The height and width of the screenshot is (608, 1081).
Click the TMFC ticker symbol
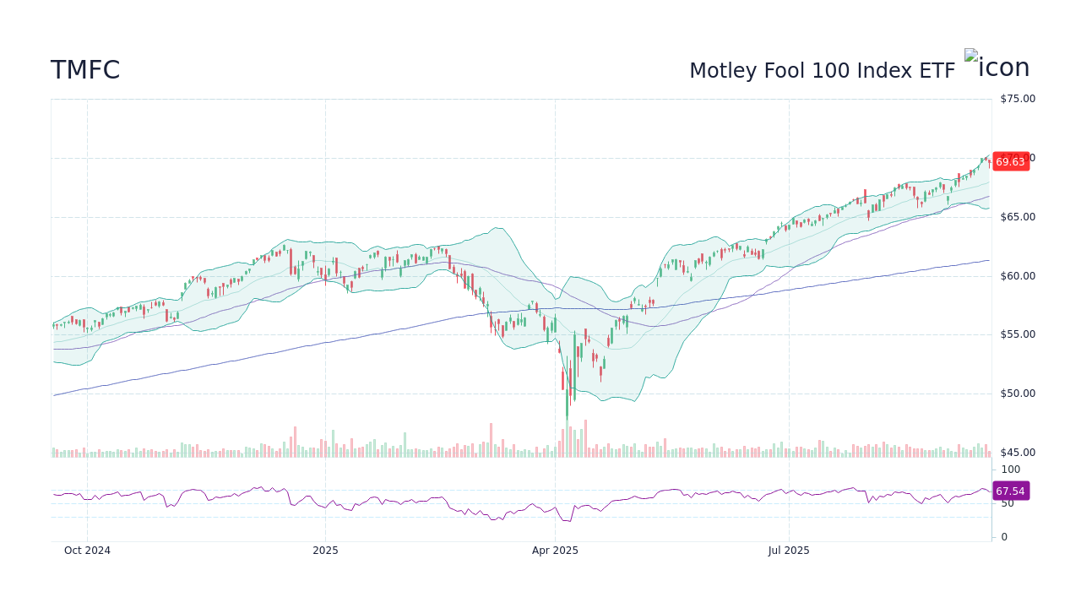pyautogui.click(x=85, y=71)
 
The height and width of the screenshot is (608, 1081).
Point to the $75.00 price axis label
pyautogui.click(x=1017, y=99)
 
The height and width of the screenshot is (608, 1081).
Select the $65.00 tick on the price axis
pyautogui.click(x=1017, y=217)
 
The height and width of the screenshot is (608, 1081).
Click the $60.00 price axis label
pyautogui.click(x=1017, y=276)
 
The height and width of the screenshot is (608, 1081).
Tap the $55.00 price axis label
pyautogui.click(x=1017, y=334)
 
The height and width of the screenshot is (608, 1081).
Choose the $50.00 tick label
pyautogui.click(x=1017, y=394)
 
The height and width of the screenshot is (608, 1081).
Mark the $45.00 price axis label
pyautogui.click(x=1017, y=453)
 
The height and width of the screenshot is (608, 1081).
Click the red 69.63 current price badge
pyautogui.click(x=1010, y=162)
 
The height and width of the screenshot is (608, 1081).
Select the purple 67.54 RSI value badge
pyautogui.click(x=1010, y=491)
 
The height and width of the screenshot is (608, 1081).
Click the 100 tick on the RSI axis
pyautogui.click(x=1010, y=470)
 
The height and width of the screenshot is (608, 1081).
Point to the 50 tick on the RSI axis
pyautogui.click(x=1008, y=503)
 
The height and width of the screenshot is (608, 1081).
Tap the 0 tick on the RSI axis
pyautogui.click(x=1004, y=537)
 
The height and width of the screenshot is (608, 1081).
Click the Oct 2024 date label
pyautogui.click(x=87, y=551)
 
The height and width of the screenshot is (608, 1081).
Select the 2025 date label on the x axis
pyautogui.click(x=325, y=551)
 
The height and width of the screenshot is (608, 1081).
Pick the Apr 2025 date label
pyautogui.click(x=555, y=551)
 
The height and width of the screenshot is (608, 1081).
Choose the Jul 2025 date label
pyautogui.click(x=789, y=551)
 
